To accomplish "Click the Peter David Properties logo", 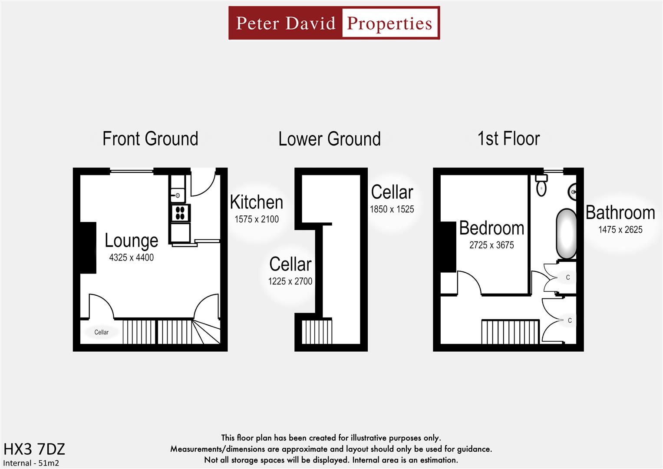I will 334,23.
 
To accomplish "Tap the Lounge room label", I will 131,241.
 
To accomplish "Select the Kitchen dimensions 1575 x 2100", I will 257,219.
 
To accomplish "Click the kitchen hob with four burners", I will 180,213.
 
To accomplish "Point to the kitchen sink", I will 178,195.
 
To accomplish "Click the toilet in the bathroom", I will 541,185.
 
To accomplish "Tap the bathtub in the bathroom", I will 566,234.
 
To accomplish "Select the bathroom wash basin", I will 573,192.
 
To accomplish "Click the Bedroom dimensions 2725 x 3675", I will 491,245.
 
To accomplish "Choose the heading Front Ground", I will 150,139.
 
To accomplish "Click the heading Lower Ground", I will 330,139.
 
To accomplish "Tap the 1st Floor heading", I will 508,139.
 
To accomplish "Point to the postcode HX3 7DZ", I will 34,449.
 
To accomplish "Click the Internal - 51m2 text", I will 31,463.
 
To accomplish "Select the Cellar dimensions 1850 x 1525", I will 392,209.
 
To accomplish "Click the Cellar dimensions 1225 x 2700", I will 290,281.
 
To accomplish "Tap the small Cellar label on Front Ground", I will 101,332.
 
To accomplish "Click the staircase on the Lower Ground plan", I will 317,332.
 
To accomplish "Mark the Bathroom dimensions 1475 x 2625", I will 620,230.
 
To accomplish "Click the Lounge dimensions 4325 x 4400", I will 131,258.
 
